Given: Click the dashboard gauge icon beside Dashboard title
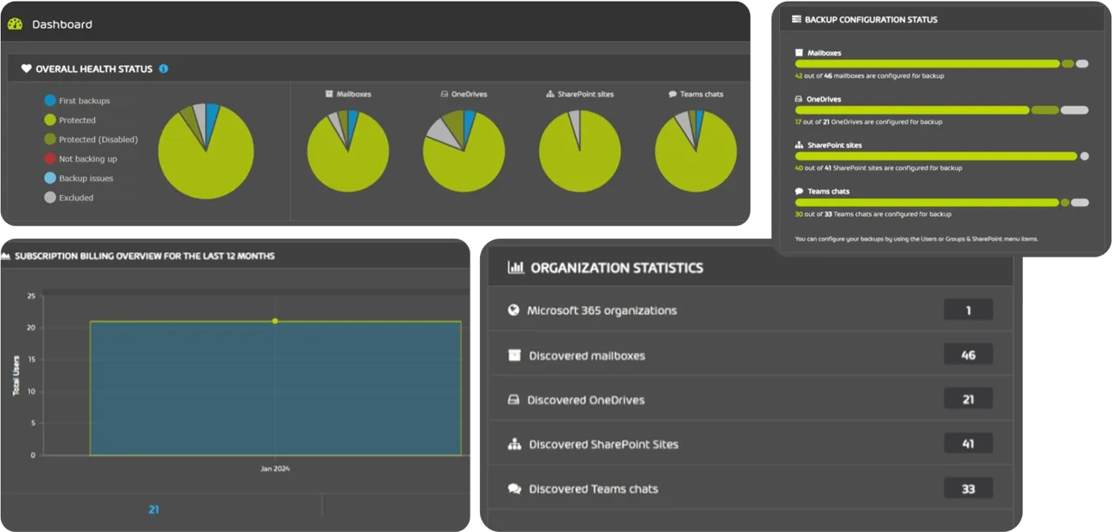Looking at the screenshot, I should pos(15,24).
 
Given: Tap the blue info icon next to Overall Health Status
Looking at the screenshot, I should pos(163,68).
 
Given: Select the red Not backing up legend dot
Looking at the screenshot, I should pos(50,159).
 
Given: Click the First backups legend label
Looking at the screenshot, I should pos(84,101).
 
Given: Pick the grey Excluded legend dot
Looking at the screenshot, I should pos(50,198).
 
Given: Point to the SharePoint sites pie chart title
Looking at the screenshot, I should pos(580,94).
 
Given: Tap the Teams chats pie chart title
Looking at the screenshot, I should pos(695,94).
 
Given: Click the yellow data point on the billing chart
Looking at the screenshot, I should pos(275,321).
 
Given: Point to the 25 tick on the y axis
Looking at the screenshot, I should pos(32,296).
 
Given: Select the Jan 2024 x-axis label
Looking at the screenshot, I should pos(275,469).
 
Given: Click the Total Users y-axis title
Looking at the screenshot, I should pos(16,376).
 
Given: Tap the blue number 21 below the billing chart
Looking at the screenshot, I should pos(154,509).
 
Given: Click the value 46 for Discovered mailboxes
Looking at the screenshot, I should pos(968,355).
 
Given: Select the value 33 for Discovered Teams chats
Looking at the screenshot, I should pos(968,488).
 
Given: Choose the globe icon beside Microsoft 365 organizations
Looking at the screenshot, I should pos(513,310).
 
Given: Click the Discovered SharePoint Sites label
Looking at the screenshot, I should pos(603,444).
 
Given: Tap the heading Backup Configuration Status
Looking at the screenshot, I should pos(871,19).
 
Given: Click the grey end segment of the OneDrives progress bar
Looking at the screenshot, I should pos(1074,110).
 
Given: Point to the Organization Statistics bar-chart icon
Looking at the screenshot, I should pos(515,268).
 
